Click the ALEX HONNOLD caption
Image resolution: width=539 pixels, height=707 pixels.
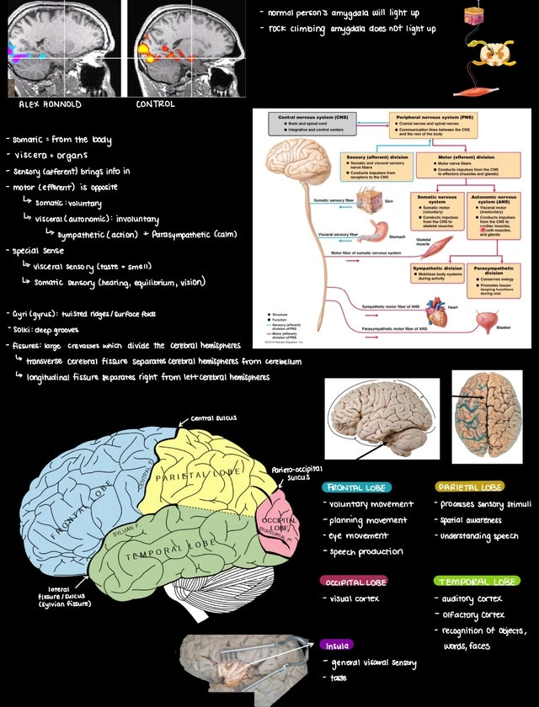coord(50,104)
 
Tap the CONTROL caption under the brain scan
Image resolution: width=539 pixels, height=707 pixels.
coord(156,104)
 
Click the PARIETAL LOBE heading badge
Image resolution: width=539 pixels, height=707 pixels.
coord(470,487)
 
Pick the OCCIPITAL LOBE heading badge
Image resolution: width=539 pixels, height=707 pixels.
coord(355,582)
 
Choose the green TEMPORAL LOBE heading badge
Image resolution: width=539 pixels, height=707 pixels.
coord(477,581)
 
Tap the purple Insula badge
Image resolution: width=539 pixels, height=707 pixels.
coord(336,646)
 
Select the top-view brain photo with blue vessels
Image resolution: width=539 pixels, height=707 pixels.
coord(488,415)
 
